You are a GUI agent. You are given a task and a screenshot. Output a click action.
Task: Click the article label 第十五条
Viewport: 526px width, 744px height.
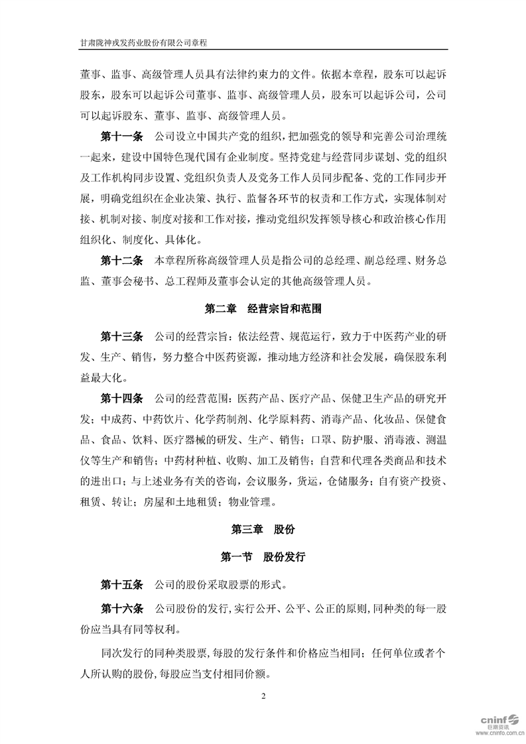[121, 585]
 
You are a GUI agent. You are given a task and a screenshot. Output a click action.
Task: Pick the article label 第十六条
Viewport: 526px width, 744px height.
[121, 608]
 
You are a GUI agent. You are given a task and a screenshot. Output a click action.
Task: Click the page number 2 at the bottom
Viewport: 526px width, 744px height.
[263, 696]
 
